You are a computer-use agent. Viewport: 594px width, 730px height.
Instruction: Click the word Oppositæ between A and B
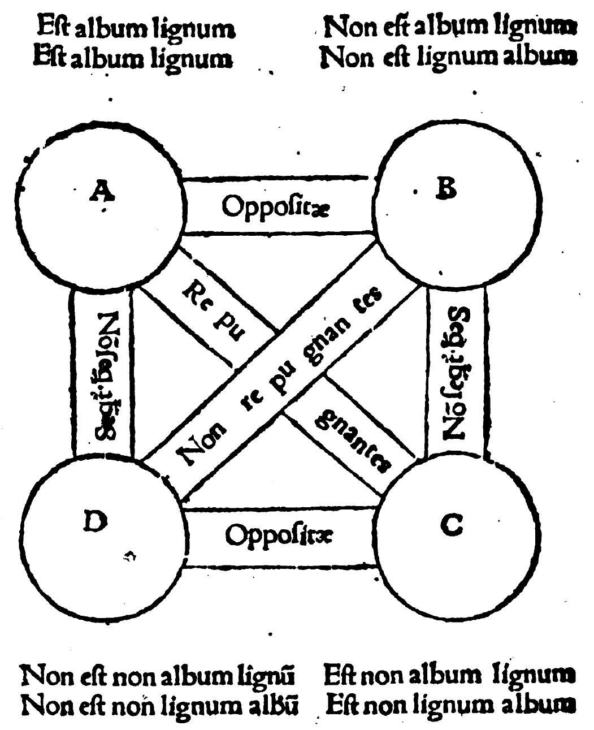(276, 207)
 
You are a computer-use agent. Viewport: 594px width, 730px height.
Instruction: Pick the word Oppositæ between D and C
(279, 535)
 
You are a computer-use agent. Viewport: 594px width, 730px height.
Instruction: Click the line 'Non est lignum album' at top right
(448, 57)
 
